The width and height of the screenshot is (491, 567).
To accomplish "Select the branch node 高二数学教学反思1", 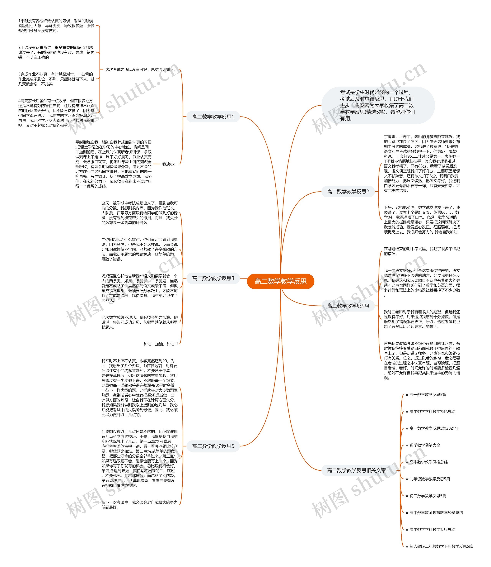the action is click(x=213, y=117).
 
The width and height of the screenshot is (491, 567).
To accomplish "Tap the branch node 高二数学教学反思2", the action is click(x=348, y=192).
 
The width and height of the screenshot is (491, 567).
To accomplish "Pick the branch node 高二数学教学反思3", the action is click(x=213, y=279).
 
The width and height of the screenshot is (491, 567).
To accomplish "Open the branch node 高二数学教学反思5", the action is click(x=213, y=446).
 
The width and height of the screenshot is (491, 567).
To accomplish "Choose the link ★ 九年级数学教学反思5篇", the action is click(x=428, y=479).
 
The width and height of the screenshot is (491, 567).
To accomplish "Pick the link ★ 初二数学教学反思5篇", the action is click(x=426, y=496).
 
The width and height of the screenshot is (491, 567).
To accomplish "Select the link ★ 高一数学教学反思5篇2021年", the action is click(x=432, y=428).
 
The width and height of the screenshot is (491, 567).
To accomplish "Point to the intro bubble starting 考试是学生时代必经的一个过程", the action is click(x=378, y=106).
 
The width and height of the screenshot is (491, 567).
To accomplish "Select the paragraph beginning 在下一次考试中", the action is click(x=139, y=505).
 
